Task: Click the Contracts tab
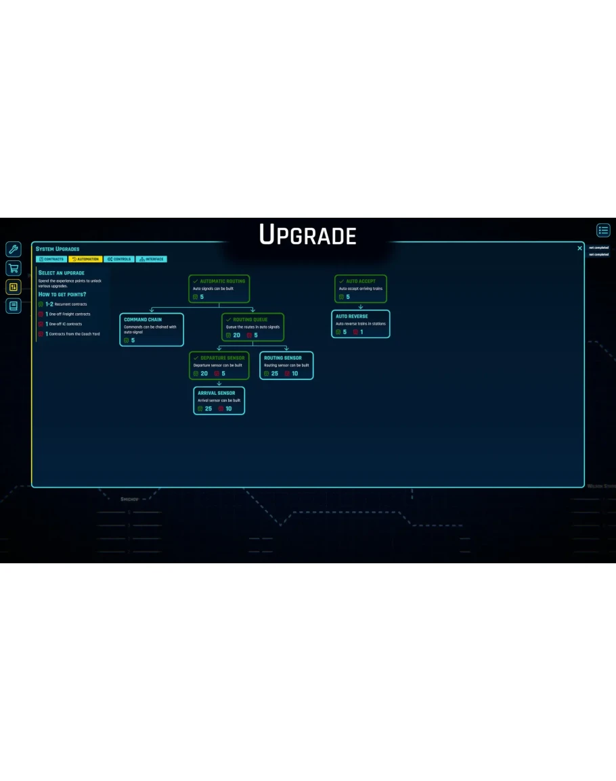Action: coord(51,259)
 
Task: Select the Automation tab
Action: coord(85,259)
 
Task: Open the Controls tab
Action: coord(119,259)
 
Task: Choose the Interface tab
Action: coord(152,259)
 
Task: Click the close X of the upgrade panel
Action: coord(579,248)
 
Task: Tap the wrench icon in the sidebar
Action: coord(14,250)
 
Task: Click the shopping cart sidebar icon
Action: coord(14,268)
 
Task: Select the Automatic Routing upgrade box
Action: coord(219,289)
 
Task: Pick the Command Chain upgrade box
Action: coord(152,329)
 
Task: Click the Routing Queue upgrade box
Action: coord(252,327)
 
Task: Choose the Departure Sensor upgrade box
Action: coord(219,365)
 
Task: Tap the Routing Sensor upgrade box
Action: coord(286,365)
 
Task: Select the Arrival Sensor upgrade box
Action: coord(219,400)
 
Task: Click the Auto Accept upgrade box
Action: coord(361,289)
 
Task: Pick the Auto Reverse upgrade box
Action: coord(361,324)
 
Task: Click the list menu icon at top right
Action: coord(603,231)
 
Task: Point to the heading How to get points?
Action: coord(62,294)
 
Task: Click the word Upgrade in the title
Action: coord(308,235)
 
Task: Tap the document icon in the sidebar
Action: coord(14,306)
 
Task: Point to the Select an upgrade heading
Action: coord(62,273)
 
